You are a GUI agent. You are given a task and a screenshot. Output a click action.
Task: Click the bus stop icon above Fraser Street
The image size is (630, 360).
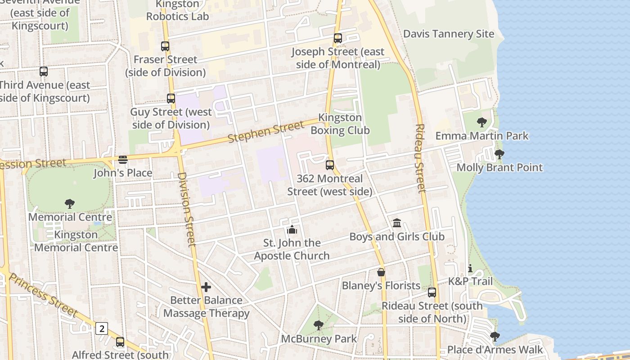click(x=165, y=46)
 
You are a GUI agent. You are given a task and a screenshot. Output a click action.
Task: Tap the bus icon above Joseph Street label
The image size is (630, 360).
click(x=337, y=38)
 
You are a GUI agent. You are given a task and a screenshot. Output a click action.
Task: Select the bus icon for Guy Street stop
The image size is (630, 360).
click(x=171, y=98)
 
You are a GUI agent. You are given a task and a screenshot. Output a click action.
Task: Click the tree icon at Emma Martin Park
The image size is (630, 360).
click(x=481, y=122)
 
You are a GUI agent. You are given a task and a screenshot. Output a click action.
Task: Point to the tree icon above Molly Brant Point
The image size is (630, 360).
click(x=499, y=154)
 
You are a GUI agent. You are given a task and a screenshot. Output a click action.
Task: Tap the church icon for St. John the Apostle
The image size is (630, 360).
click(x=292, y=229)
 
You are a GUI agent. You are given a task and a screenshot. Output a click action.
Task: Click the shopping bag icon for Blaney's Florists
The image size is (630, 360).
click(x=381, y=272)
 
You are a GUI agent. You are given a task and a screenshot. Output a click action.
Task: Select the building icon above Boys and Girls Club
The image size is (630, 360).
click(x=397, y=223)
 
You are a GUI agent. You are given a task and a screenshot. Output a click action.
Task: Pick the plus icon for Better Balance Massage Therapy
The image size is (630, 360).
click(x=206, y=287)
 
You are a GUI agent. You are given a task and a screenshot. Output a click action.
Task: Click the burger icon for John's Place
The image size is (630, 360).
click(x=123, y=160)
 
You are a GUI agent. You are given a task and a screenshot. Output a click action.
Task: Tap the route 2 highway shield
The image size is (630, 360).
click(x=102, y=328)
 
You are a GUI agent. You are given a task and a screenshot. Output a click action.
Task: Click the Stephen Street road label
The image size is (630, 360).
click(x=265, y=132)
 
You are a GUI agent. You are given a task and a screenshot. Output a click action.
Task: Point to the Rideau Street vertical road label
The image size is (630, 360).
click(x=420, y=158)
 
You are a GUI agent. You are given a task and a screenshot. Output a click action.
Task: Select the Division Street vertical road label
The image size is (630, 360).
click(x=186, y=209)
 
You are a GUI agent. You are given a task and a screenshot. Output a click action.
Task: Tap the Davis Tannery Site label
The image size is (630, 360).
click(x=448, y=34)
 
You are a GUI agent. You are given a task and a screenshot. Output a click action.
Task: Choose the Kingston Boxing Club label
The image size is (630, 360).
click(x=340, y=124)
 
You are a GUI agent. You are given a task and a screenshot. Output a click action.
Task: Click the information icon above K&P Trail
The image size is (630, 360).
click(x=470, y=269)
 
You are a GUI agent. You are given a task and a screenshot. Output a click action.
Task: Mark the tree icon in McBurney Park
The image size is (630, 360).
click(x=319, y=325)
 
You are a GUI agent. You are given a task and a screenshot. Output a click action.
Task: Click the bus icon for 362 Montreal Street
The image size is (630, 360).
click(x=330, y=165)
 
